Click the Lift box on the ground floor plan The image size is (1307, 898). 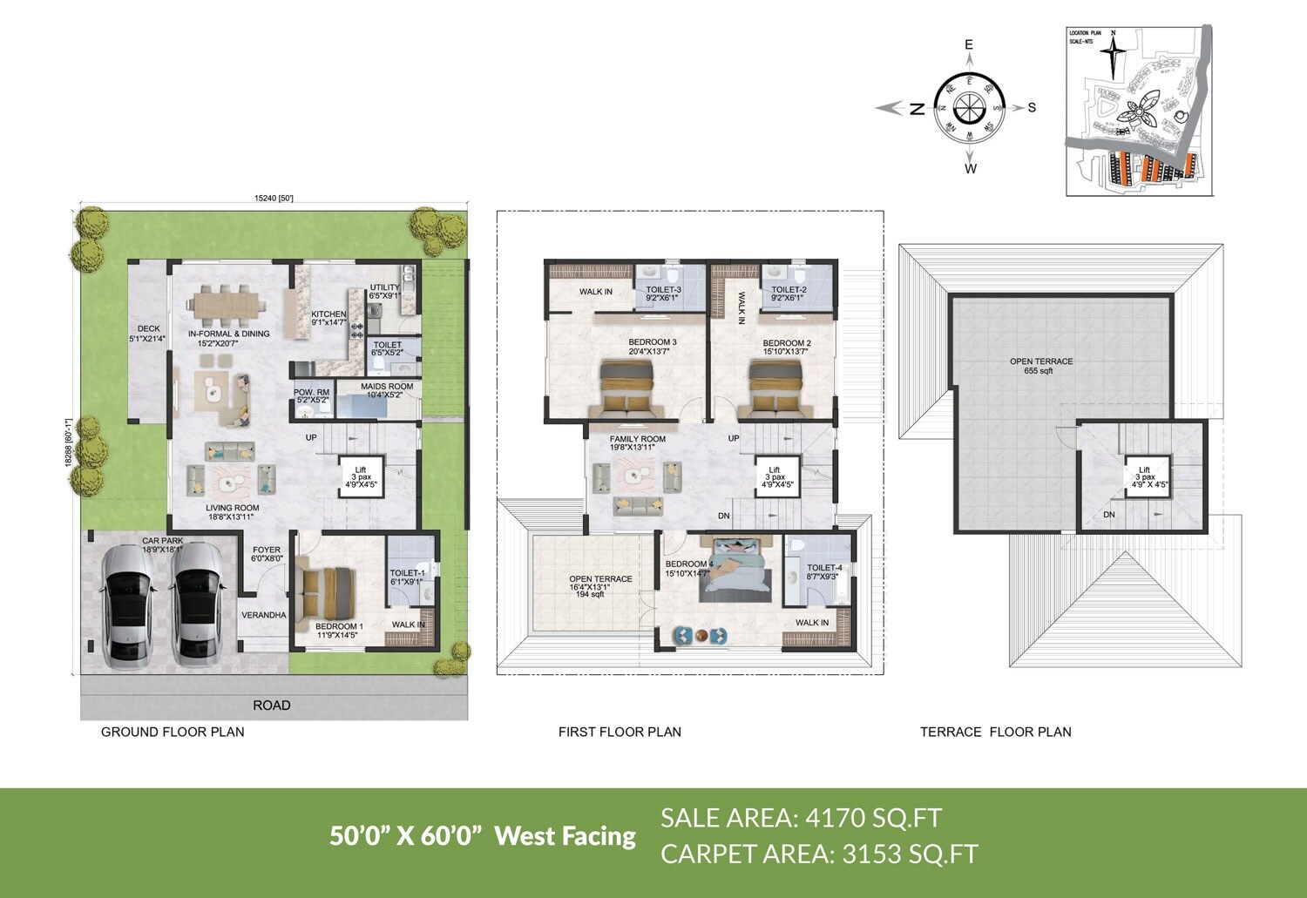point(361,476)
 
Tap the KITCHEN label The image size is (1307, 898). point(328,314)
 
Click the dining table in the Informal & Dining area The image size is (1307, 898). point(227,303)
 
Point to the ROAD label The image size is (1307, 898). point(272,705)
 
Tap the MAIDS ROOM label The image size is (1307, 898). point(387,387)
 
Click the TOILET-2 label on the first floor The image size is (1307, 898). point(789,290)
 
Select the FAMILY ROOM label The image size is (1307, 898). point(637,439)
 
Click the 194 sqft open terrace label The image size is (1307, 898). point(590,594)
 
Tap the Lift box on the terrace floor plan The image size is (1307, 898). point(1144,476)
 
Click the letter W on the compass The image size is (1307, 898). point(971,168)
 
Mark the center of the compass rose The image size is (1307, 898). point(970,107)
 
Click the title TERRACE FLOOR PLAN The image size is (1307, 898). point(995,732)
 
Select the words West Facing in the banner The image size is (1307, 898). point(565,836)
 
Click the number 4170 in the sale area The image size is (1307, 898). point(836,818)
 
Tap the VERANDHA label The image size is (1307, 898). point(263,615)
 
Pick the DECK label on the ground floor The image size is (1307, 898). point(148,329)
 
